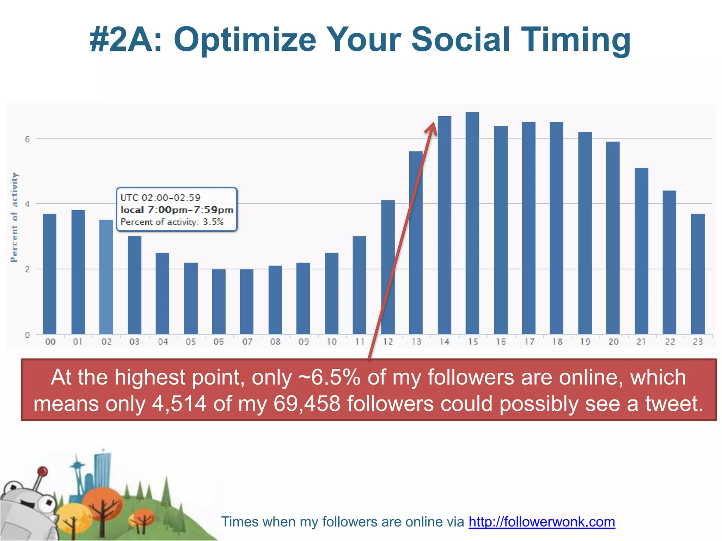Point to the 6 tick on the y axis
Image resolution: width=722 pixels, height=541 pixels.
27,139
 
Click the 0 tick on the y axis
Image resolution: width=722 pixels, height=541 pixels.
27,335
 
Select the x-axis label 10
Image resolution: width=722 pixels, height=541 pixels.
331,342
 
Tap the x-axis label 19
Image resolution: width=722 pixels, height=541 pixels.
585,342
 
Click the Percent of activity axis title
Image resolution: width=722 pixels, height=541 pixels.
14,217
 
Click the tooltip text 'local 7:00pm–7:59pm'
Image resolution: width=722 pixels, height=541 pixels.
177,210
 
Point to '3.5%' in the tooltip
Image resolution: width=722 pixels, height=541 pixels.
213,222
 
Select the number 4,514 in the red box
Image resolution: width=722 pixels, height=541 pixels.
179,404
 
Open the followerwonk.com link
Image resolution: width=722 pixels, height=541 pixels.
541,522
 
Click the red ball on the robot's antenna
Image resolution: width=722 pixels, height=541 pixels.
43,471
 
